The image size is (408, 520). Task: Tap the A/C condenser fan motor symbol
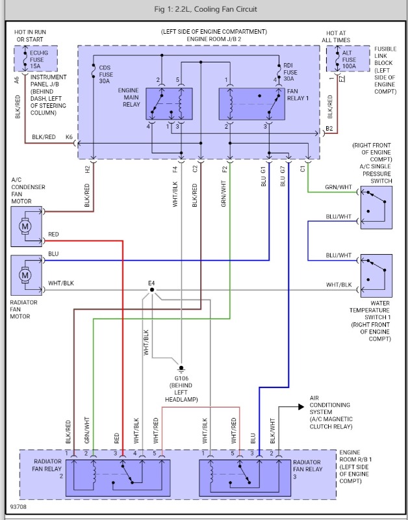click(x=26, y=227)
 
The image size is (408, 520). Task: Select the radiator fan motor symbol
click(x=26, y=276)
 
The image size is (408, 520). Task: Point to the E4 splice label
click(x=151, y=283)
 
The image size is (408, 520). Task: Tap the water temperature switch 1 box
click(x=376, y=276)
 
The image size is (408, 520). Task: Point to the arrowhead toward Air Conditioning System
click(x=301, y=407)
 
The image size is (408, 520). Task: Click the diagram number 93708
click(x=19, y=504)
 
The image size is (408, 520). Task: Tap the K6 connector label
click(x=70, y=137)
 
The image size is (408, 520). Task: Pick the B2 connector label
click(x=329, y=129)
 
